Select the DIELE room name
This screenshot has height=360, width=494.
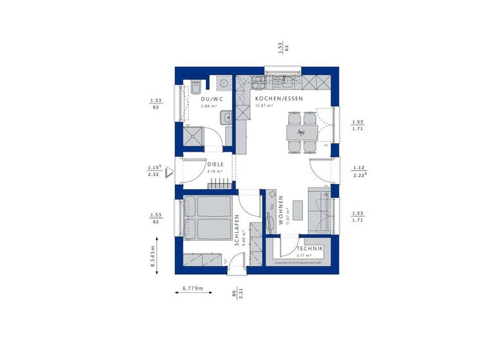click(x=215, y=165)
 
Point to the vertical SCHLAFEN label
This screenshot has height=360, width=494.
click(x=237, y=231)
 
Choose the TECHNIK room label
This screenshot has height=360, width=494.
click(x=309, y=248)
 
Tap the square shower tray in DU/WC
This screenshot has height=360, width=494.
click(x=192, y=137)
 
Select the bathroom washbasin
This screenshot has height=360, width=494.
click(x=226, y=117)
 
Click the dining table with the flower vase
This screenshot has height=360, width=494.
click(x=301, y=132)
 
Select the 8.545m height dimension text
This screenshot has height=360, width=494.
click(x=153, y=256)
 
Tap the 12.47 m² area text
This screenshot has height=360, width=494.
click(x=264, y=105)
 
